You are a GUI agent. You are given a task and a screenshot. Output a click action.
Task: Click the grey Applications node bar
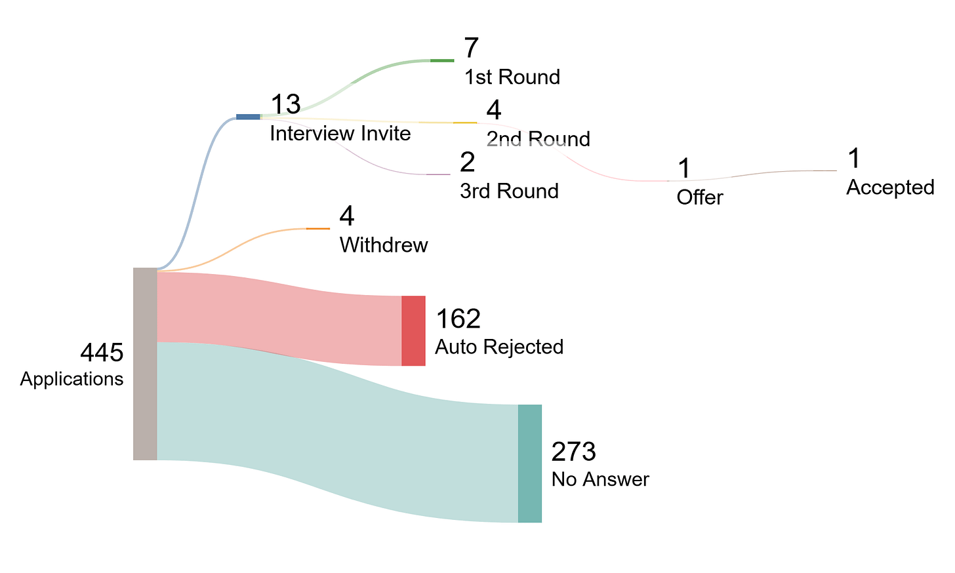(145, 364)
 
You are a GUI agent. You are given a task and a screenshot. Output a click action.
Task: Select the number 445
(102, 353)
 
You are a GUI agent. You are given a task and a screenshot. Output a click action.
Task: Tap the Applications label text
(71, 379)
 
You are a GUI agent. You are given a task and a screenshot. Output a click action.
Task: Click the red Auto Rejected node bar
(413, 330)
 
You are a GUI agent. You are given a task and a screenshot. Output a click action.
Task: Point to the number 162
(458, 319)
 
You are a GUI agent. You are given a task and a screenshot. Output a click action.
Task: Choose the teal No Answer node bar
(530, 464)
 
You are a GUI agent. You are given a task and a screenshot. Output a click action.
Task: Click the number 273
(574, 452)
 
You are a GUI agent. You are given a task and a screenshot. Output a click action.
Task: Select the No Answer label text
(600, 479)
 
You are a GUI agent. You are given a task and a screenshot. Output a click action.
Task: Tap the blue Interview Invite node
(248, 117)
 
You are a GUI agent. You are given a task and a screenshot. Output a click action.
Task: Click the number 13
(285, 104)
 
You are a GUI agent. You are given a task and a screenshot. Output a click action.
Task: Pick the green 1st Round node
(442, 60)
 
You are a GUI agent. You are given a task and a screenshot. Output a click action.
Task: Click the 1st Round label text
(512, 77)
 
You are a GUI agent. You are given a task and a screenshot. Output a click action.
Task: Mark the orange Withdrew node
(318, 228)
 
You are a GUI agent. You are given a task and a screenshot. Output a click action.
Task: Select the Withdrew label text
(384, 245)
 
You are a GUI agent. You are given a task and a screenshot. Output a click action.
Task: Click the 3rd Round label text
(509, 191)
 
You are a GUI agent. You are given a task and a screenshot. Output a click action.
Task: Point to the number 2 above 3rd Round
(468, 162)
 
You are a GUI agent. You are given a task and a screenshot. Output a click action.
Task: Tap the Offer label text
(700, 197)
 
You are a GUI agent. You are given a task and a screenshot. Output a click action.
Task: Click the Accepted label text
(890, 188)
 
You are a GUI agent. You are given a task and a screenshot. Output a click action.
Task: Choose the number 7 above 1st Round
(471, 49)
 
